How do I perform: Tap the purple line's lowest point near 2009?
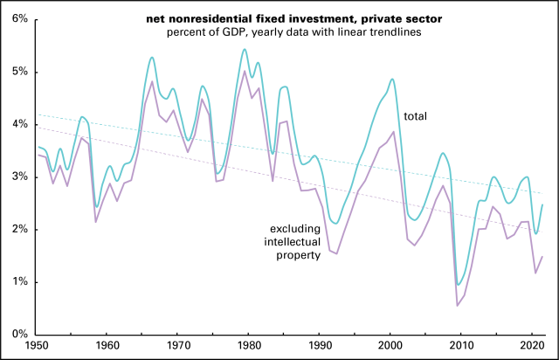coord(457,305)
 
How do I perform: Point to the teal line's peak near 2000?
coord(392,79)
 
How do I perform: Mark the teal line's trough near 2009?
coord(458,284)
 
